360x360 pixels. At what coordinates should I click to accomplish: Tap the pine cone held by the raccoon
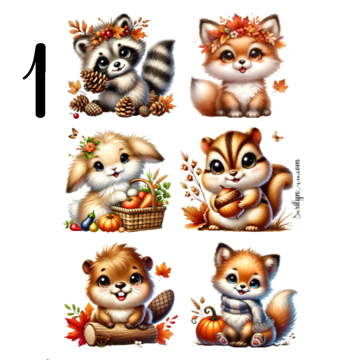point(94,80)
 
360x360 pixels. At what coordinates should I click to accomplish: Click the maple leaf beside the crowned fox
point(280,85)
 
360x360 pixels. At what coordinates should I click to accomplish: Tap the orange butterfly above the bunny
point(73,133)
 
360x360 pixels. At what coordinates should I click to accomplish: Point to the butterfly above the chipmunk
point(277,136)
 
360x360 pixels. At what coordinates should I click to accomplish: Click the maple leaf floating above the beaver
point(163,270)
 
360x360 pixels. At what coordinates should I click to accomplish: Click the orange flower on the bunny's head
point(90,147)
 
